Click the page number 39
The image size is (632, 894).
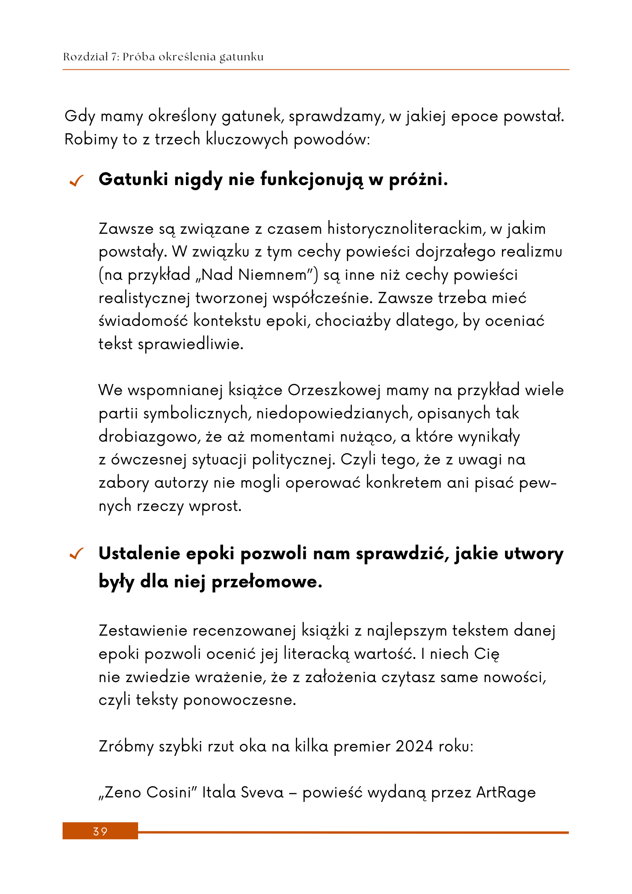pos(100,831)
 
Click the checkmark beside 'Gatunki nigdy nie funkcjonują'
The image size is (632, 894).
pos(76,181)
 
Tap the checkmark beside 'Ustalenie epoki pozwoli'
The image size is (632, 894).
pos(76,555)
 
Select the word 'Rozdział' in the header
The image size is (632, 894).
pos(84,57)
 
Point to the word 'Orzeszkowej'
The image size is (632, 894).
pos(334,390)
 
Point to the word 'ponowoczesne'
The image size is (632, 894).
pos(240,700)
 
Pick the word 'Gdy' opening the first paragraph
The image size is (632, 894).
pos(80,117)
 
